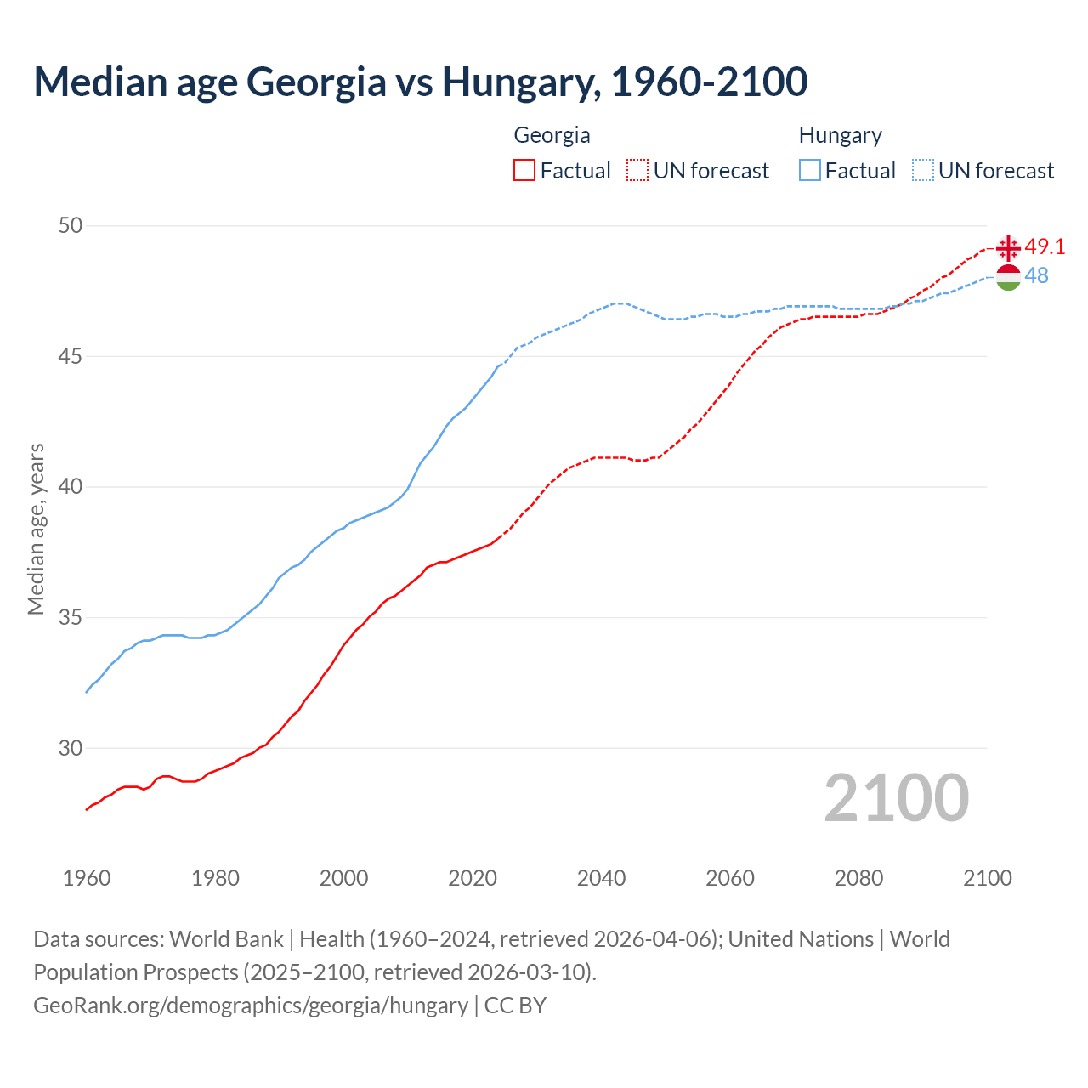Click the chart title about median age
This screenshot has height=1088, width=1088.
420,82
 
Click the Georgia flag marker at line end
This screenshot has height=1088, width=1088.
1008,248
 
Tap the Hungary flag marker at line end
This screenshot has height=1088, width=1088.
1008,277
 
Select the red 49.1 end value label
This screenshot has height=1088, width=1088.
1045,246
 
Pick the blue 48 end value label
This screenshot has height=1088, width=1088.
1036,275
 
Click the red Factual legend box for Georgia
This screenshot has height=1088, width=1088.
524,171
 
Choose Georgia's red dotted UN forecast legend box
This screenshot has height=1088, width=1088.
637,171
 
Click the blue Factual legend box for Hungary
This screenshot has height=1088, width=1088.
810,171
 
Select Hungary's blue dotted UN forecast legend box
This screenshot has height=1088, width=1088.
922,171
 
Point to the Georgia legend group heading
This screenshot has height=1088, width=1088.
552,135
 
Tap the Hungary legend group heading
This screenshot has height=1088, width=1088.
840,135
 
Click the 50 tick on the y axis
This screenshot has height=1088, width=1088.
71,225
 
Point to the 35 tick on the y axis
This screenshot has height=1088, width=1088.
71,617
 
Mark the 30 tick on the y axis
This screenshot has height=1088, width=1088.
71,748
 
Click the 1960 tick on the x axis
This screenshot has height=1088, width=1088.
87,878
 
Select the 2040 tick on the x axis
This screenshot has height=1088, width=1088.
601,878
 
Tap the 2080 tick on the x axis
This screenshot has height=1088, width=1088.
858,878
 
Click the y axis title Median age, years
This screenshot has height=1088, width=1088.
36,529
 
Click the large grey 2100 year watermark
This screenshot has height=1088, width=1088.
896,797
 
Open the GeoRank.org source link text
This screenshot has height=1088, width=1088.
251,1005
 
